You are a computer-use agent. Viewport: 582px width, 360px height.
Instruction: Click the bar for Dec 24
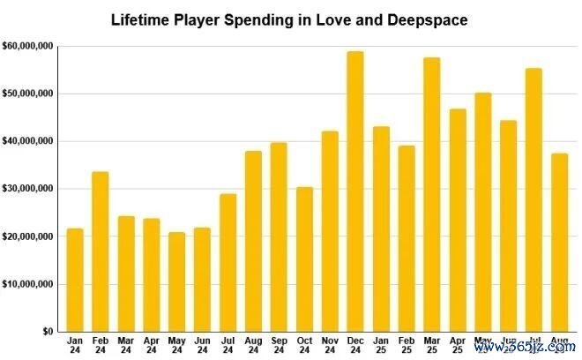[x=355, y=191]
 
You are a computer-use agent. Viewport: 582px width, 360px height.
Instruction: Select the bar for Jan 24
[x=75, y=280]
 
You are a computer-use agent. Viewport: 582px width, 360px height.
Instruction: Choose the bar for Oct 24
[x=304, y=259]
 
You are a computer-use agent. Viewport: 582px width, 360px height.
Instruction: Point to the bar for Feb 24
[x=101, y=251]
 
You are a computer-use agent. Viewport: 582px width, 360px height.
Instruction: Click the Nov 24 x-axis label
[x=330, y=345]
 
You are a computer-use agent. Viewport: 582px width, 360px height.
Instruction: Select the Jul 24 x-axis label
[x=228, y=345]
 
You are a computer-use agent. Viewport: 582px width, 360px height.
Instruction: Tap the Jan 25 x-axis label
[x=381, y=345]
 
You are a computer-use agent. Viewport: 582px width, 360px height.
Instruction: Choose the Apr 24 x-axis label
[x=152, y=345]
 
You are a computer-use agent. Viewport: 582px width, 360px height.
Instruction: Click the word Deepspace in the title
[x=427, y=19]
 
